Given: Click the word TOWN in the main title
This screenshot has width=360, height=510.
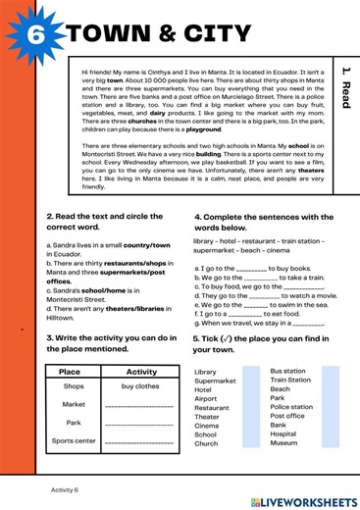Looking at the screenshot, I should coord(109,35).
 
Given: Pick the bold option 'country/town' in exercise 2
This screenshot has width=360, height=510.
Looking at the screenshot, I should coord(148,239).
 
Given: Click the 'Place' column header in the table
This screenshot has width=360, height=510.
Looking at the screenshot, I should coord(70,372).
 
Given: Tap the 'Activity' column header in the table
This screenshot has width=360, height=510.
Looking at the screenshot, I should coord(141,372).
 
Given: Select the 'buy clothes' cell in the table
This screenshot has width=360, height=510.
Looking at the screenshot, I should coord(141,386).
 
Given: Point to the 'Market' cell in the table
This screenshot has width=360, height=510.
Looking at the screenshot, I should coord(74,404).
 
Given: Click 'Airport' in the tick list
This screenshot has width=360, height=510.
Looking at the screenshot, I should coord(206,399).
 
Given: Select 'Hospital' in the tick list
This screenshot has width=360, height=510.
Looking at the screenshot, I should coord(283,433).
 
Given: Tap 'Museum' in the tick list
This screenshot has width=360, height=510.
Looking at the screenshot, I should coord(283,443).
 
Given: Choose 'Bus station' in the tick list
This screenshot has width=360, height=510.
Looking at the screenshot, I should coord(287,372).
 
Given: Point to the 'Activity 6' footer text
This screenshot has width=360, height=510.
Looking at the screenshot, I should coord(65,487).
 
